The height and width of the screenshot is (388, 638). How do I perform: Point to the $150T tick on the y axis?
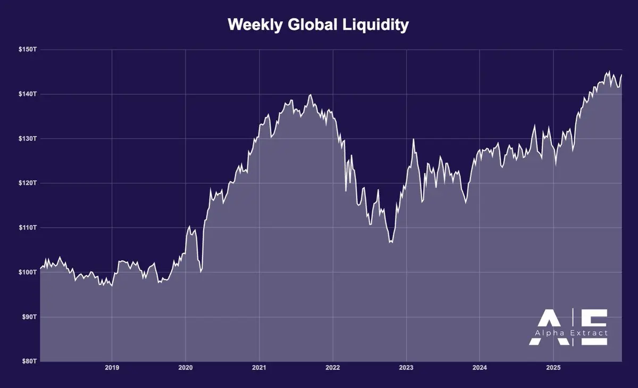(x=27, y=49)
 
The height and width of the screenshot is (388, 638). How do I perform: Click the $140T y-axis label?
(x=27, y=94)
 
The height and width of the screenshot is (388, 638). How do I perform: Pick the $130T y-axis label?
(x=27, y=139)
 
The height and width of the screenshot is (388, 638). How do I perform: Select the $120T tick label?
(x=27, y=183)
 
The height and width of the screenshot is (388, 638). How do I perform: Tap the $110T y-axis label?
(x=27, y=227)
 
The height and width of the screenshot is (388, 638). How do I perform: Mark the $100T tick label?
(x=27, y=272)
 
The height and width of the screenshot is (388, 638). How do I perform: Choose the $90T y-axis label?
(x=28, y=317)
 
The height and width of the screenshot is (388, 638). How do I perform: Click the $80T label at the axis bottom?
(x=28, y=361)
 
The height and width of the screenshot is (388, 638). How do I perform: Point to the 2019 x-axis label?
(x=112, y=368)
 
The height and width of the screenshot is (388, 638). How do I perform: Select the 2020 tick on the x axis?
(x=186, y=368)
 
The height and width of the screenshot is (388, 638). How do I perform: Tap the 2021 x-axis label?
(x=259, y=368)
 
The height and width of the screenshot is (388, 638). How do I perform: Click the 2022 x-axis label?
(x=333, y=368)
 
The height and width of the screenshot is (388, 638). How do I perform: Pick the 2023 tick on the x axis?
(x=406, y=368)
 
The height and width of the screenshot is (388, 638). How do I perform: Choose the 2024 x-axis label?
(x=480, y=368)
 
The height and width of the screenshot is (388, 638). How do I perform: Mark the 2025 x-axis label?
(x=553, y=368)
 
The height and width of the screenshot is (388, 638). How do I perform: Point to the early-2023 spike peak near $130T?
(x=414, y=139)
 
